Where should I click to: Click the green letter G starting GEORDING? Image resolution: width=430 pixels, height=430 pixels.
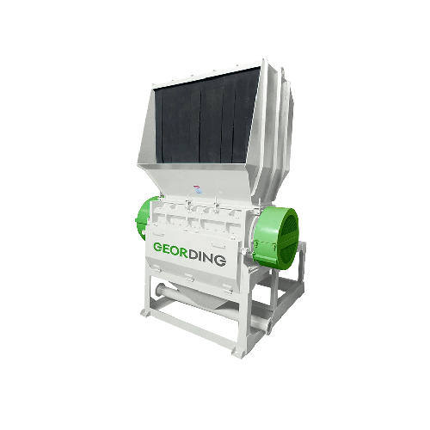coord(158,248)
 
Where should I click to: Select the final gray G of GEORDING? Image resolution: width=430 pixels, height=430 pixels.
coord(220,261)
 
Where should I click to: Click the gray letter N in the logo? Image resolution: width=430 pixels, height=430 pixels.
coord(208,259)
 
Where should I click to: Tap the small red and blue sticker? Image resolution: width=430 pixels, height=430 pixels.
coord(196,189)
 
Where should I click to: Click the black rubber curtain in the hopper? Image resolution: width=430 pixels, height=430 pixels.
coord(207,118)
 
